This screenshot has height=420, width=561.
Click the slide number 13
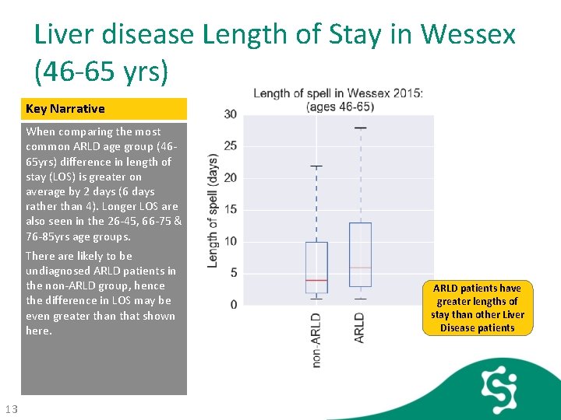point(11,410)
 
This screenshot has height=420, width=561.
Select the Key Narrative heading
point(65,109)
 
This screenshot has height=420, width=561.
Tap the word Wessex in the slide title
point(467,34)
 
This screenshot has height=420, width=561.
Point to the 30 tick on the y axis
point(231,114)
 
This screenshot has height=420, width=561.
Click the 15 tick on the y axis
point(231,209)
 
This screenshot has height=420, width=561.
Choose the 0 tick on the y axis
point(234,304)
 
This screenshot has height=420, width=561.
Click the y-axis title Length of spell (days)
point(213,210)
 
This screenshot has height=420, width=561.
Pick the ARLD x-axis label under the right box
point(359,327)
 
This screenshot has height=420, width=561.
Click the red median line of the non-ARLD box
point(316,279)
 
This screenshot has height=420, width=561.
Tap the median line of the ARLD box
point(360,267)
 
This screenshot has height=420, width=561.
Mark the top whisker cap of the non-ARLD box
point(316,166)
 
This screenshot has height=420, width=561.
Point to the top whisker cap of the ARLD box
point(360,128)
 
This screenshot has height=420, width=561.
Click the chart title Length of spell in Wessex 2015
point(338,94)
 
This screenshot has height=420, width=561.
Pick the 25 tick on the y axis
point(231,146)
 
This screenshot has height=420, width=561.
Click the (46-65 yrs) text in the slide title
point(101,71)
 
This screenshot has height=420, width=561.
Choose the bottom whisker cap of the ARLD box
point(360,299)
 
